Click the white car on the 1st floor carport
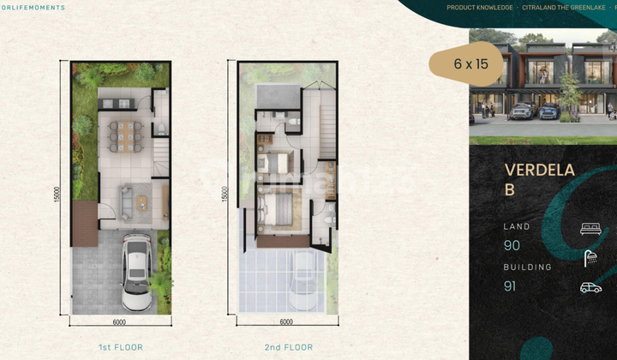pyautogui.click(x=136, y=273)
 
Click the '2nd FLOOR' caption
pyautogui.click(x=288, y=347)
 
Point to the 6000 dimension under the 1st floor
pyautogui.click(x=119, y=322)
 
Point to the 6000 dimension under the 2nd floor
pyautogui.click(x=286, y=322)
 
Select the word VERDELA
pyautogui.click(x=539, y=170)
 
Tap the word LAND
pyautogui.click(x=517, y=227)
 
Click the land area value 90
pyautogui.click(x=512, y=246)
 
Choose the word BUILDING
pyautogui.click(x=527, y=267)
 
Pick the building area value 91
pyautogui.click(x=511, y=286)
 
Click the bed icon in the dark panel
pyautogui.click(x=590, y=229)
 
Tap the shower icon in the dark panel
pyautogui.click(x=590, y=258)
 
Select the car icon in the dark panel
pyautogui.click(x=590, y=287)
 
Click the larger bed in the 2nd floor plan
pyautogui.click(x=277, y=209)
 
